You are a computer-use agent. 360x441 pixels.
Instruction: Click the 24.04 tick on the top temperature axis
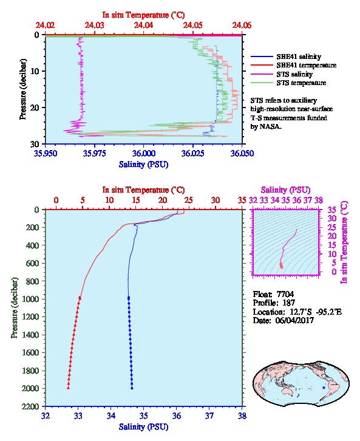pos(144,26)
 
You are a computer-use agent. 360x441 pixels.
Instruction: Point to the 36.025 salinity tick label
pos(193,154)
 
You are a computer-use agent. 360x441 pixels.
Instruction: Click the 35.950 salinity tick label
pos(46,154)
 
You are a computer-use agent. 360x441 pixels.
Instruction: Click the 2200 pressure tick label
pos(31,406)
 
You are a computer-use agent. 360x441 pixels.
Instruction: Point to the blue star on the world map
pos(324,388)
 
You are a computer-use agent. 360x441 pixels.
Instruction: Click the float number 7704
pos(285,294)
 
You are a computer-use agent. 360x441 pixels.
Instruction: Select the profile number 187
pos(288,303)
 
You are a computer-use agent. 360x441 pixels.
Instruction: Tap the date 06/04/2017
pos(294,320)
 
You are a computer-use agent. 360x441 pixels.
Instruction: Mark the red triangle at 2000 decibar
pos(68,388)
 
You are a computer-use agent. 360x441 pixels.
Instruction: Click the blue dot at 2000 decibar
pos(132,388)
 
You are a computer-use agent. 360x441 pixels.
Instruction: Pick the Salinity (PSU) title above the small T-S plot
pos(285,190)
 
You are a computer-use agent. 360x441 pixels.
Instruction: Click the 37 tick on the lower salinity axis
pos(209,415)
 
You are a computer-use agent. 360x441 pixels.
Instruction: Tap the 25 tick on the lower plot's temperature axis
pos(189,200)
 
